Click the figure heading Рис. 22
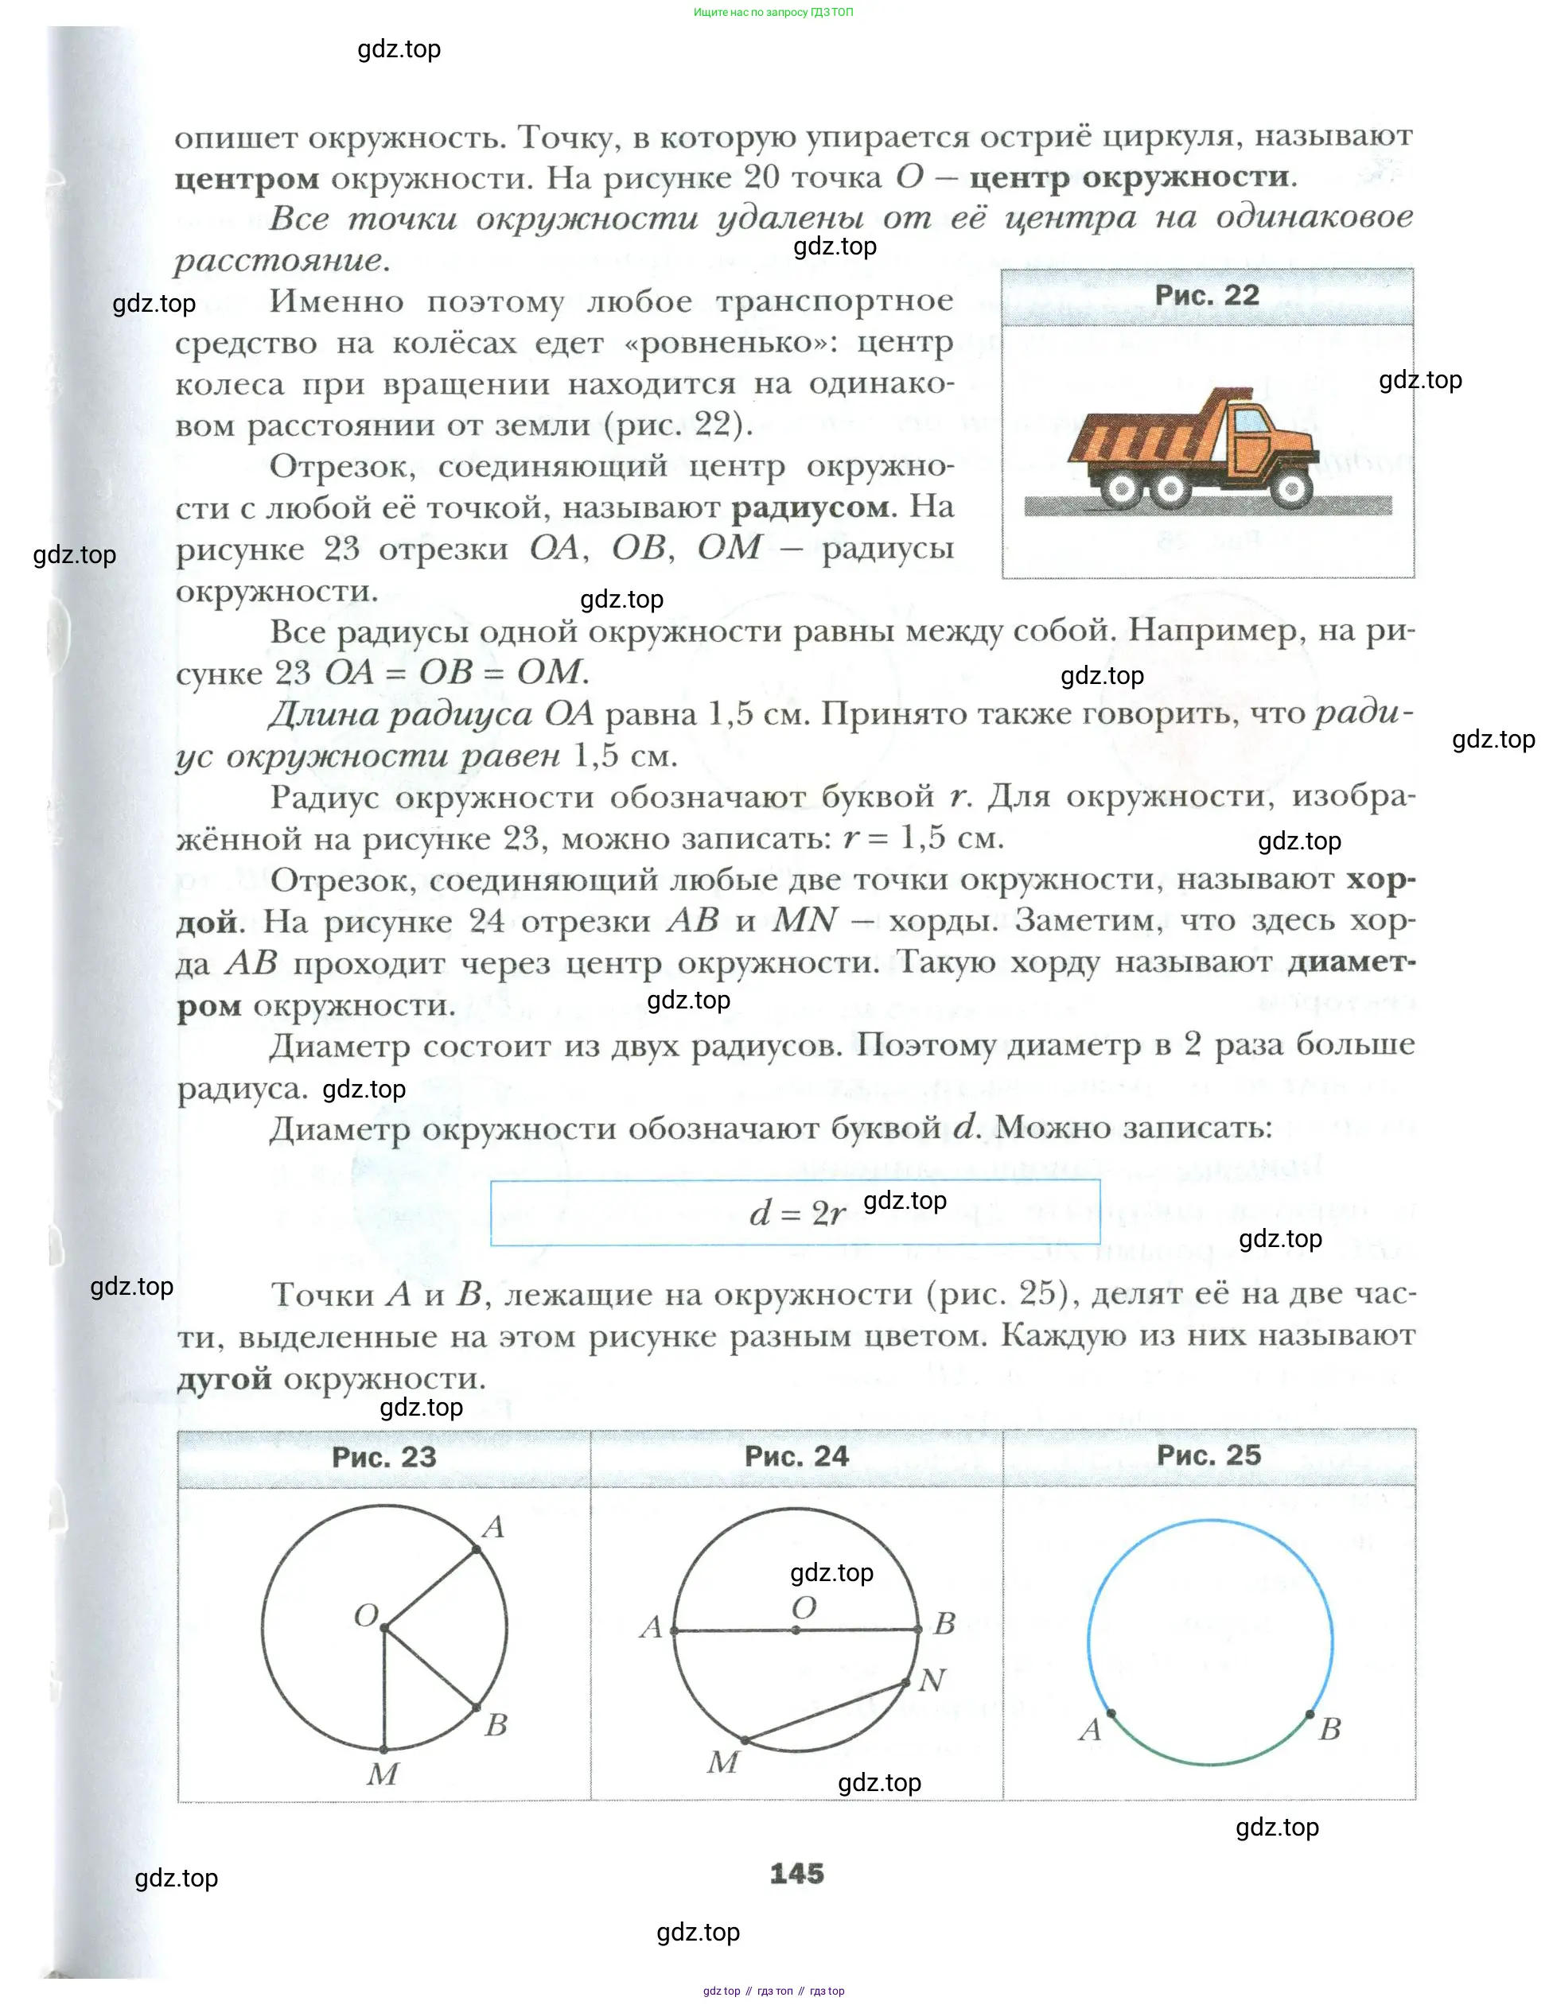[x=1207, y=296]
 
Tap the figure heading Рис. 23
[x=383, y=1457]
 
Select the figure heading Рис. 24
[x=796, y=1456]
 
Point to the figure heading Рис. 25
[x=1208, y=1455]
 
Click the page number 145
[x=796, y=1874]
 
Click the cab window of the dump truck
[x=1249, y=422]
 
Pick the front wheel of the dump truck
[x=1291, y=488]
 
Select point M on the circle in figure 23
[x=383, y=1750]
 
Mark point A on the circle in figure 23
[x=477, y=1549]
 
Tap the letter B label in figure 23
[x=496, y=1725]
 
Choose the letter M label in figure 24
[x=722, y=1762]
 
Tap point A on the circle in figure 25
[x=1111, y=1713]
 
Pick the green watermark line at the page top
[x=773, y=12]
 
